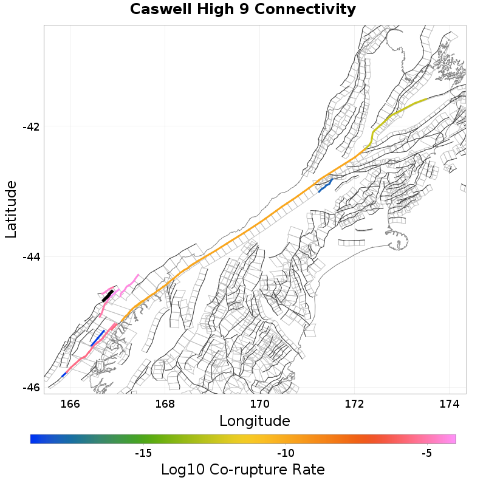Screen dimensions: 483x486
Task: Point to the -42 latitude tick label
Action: [x=30, y=126]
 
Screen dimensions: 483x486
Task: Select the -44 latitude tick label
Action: [x=30, y=257]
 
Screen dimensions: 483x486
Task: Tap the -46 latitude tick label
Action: [x=30, y=388]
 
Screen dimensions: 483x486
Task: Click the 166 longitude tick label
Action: [x=70, y=403]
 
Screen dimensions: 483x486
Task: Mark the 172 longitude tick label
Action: [x=354, y=403]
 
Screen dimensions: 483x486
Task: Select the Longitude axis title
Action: [x=255, y=420]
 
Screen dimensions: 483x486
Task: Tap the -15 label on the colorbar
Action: [x=143, y=453]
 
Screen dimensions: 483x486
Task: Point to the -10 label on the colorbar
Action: [x=286, y=453]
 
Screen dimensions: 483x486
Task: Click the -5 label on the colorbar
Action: [x=426, y=453]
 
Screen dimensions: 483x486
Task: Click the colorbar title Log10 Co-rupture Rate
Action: [x=242, y=470]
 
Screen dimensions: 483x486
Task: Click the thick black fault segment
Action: [x=108, y=296]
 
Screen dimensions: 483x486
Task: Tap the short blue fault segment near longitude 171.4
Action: [x=325, y=186]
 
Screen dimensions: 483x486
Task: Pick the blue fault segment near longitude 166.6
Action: [x=97, y=338]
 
